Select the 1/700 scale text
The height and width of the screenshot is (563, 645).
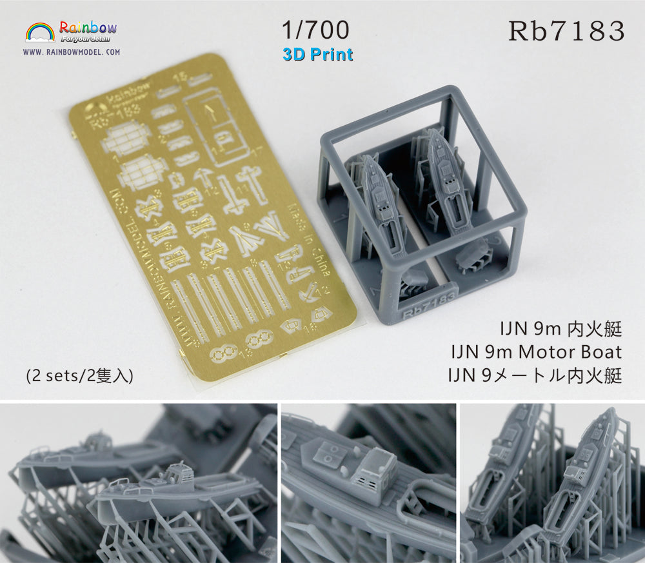click(x=316, y=30)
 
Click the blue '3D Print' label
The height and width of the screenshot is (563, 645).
click(x=317, y=54)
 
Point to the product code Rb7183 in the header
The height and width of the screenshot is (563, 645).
click(x=567, y=30)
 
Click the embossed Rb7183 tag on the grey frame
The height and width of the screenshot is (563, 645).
click(x=430, y=303)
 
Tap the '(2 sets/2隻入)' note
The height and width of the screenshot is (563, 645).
click(x=79, y=376)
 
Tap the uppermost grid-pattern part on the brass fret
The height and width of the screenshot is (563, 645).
click(x=126, y=136)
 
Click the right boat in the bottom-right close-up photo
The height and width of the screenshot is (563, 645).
click(x=587, y=477)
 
